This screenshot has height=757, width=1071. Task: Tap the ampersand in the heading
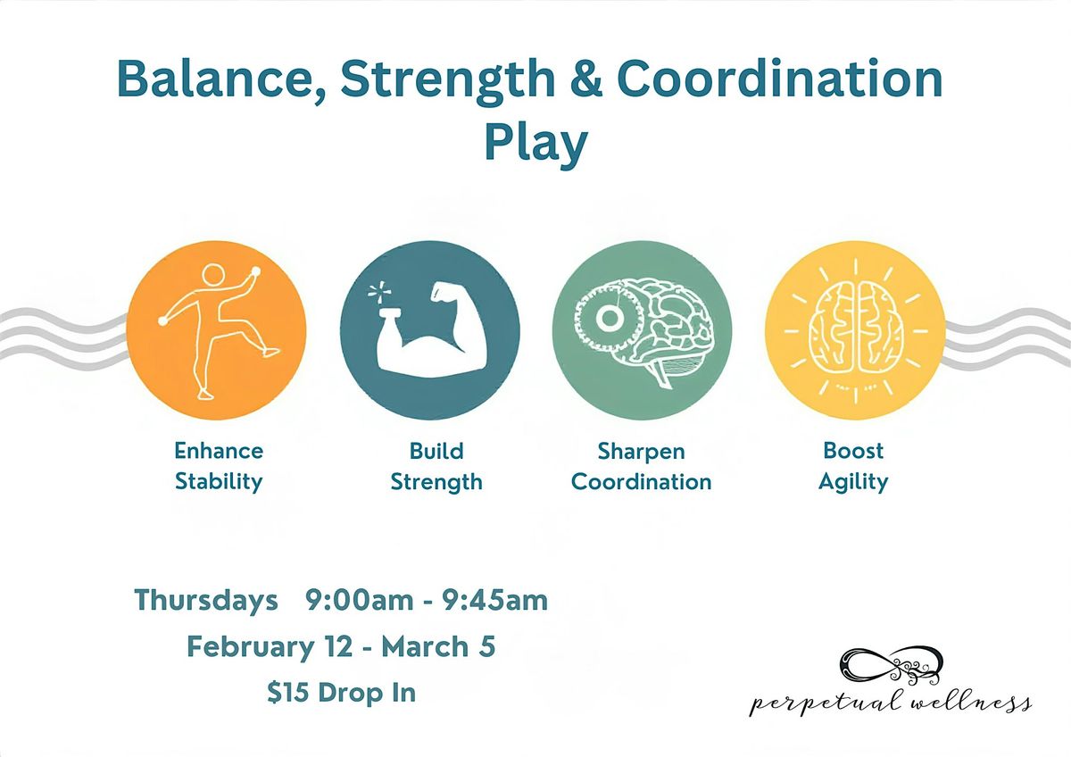tap(585, 78)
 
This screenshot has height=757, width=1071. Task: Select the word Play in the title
tap(536, 143)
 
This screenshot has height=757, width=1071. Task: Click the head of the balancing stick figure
tap(212, 276)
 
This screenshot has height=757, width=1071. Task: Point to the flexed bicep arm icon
tap(431, 331)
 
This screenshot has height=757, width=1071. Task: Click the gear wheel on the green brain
tap(608, 317)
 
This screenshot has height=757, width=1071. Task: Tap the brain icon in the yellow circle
tap(855, 327)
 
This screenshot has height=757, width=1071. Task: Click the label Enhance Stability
tap(219, 466)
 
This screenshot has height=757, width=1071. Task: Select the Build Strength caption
tap(436, 466)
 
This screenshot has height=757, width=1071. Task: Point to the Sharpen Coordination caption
tap(641, 466)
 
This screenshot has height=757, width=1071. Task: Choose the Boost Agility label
tap(853, 466)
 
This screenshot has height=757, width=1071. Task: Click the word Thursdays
tap(206, 600)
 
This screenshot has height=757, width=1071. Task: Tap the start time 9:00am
tap(360, 600)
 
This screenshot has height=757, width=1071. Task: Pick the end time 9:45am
tap(494, 600)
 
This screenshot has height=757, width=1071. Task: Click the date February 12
tap(270, 647)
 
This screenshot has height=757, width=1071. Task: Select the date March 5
tap(438, 646)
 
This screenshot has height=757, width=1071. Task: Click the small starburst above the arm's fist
tap(380, 292)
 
